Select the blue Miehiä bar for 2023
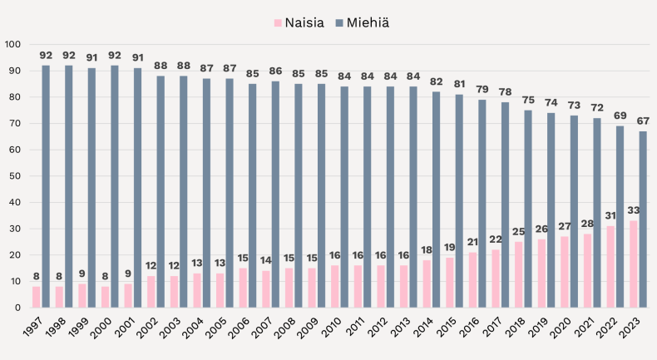(x=643, y=219)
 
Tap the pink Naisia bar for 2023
(x=633, y=264)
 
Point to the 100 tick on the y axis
(x=12, y=44)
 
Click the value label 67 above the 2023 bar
(x=643, y=121)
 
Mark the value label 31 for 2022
(x=610, y=216)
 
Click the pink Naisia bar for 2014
(x=427, y=284)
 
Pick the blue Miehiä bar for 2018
(x=528, y=209)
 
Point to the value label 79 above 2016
(x=482, y=90)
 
